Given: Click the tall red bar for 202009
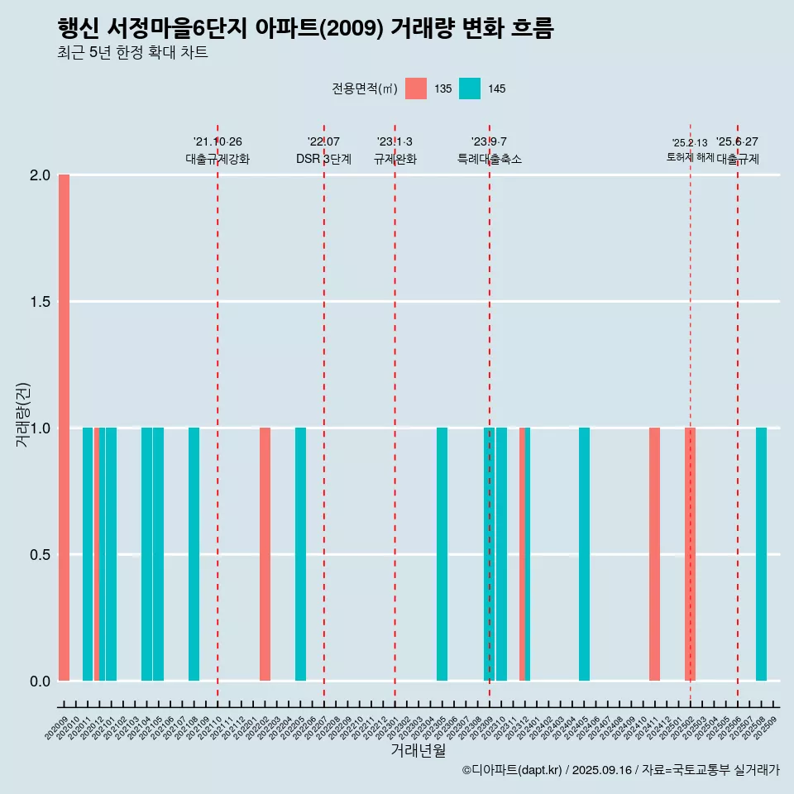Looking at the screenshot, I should (64, 428).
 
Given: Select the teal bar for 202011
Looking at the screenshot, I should (88, 554).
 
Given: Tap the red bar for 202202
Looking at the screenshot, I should (265, 554).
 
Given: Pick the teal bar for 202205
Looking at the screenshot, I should (300, 554).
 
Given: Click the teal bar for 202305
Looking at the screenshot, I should (442, 554).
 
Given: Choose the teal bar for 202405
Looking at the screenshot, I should (584, 554).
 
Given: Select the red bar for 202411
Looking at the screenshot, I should (654, 554).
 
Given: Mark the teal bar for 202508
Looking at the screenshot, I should (761, 554).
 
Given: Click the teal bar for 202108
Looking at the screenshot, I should (194, 554).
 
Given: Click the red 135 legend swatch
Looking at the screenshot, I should (416, 88).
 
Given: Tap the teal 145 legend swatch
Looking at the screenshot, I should (470, 88).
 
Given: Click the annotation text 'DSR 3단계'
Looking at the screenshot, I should (323, 160).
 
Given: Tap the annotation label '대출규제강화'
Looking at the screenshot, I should (217, 160).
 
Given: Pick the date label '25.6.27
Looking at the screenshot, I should (737, 142).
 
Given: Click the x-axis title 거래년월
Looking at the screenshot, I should (418, 751).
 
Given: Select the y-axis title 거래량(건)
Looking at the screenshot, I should (23, 415).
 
